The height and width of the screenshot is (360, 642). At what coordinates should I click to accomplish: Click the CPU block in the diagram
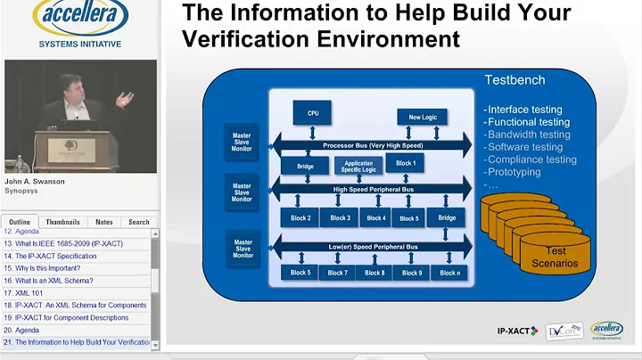click(x=312, y=113)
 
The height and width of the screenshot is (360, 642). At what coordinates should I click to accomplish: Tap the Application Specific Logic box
click(x=358, y=165)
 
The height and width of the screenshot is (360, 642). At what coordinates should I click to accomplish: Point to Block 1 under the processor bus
click(x=406, y=163)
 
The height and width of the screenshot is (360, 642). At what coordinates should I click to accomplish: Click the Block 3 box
click(x=341, y=217)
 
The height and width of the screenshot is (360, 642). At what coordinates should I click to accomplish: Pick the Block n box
click(x=449, y=273)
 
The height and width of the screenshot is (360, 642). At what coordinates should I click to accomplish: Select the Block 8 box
click(x=374, y=273)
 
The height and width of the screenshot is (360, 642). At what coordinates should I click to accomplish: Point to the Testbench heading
click(x=514, y=80)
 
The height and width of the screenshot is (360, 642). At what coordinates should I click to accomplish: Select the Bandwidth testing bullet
click(x=529, y=135)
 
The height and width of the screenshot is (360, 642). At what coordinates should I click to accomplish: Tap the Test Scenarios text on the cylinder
click(x=555, y=257)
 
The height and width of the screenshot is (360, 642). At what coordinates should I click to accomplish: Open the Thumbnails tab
click(x=62, y=222)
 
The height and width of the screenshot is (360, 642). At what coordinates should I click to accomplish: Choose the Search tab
click(x=138, y=222)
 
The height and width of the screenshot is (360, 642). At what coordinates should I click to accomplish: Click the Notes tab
click(x=104, y=222)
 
